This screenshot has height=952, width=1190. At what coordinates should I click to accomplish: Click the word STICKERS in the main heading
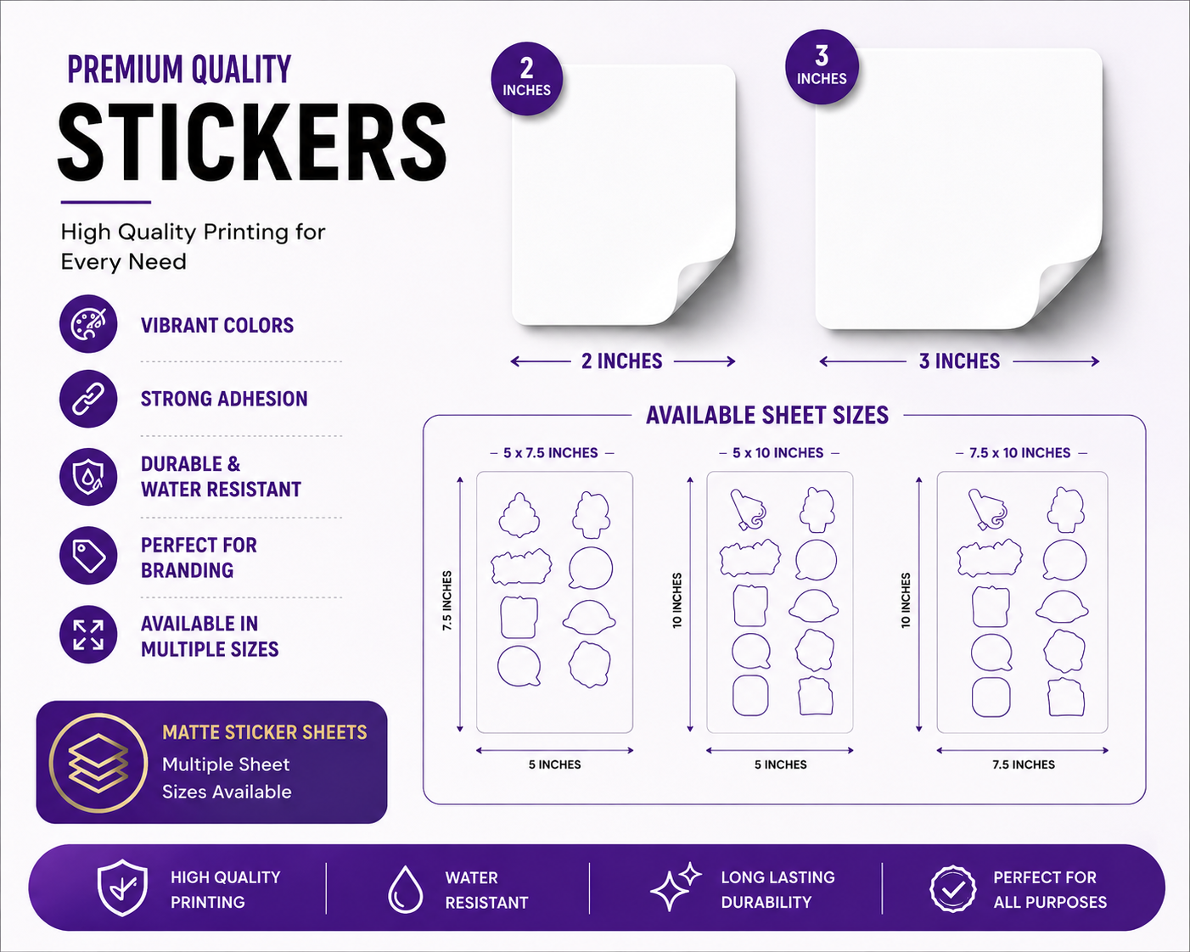pyautogui.click(x=252, y=142)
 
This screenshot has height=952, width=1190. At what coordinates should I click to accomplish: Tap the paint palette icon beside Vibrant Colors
pyautogui.click(x=88, y=324)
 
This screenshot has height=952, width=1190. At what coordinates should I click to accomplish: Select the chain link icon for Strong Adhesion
pyautogui.click(x=88, y=399)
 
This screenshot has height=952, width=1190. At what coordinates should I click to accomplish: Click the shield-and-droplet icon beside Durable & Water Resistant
pyautogui.click(x=88, y=477)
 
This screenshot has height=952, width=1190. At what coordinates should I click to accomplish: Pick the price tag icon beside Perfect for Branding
pyautogui.click(x=88, y=555)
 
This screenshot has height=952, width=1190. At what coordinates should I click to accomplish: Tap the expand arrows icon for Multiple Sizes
pyautogui.click(x=88, y=634)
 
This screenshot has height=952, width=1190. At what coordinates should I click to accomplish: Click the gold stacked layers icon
pyautogui.click(x=98, y=763)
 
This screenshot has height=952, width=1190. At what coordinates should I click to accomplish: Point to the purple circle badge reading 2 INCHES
pyautogui.click(x=526, y=79)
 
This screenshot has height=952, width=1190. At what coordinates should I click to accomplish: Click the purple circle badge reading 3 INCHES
pyautogui.click(x=822, y=66)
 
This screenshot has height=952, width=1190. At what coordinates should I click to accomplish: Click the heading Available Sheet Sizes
pyautogui.click(x=767, y=415)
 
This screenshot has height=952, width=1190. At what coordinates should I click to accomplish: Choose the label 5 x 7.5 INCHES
pyautogui.click(x=551, y=453)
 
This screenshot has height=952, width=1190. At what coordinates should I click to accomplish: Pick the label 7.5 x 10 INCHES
pyautogui.click(x=1019, y=453)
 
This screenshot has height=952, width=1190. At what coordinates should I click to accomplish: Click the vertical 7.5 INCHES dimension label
pyautogui.click(x=446, y=601)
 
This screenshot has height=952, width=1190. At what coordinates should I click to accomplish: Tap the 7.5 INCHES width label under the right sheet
pyautogui.click(x=1023, y=764)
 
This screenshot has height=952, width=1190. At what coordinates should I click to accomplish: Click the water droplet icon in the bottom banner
pyautogui.click(x=406, y=889)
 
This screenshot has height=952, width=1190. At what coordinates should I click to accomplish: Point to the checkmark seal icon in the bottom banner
pyautogui.click(x=953, y=889)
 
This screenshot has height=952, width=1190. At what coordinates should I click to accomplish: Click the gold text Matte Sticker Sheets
pyautogui.click(x=264, y=732)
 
